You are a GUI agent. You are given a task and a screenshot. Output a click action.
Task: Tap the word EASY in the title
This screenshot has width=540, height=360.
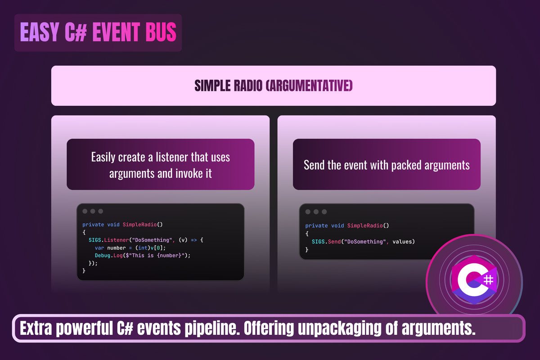tap(40, 31)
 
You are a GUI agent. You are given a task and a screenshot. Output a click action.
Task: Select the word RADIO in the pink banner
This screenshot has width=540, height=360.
tap(248, 85)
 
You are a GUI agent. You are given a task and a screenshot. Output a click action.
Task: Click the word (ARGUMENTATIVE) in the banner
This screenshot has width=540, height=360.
tap(309, 85)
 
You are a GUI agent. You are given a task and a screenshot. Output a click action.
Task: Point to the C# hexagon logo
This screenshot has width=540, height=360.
tap(474, 280)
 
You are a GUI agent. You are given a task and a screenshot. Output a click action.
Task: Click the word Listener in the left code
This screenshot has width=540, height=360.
tap(117, 240)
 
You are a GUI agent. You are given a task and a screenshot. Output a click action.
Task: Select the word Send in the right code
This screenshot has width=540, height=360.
tap(334, 242)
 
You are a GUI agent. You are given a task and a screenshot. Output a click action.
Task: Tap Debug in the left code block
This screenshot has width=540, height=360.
tap(103, 255)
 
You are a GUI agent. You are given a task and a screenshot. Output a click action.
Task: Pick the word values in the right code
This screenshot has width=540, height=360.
tap(402, 242)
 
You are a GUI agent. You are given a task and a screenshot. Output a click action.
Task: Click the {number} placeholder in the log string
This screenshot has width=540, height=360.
tap(169, 255)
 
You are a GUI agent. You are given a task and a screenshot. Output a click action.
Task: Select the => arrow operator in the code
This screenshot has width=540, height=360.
tap(194, 240)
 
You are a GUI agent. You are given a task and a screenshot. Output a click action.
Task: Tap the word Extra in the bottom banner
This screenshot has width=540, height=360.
tap(36, 328)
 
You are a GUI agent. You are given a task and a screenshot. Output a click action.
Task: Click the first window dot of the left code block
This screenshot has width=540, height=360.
tap(85, 211)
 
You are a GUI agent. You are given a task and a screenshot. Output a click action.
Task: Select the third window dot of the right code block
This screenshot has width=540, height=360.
tap(324, 211)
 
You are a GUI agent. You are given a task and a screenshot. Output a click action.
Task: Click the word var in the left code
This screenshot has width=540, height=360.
tap(99, 248)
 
